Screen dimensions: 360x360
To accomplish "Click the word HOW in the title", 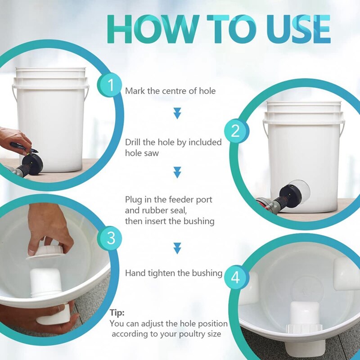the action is pyautogui.click(x=153, y=29).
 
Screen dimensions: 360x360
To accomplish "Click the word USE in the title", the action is pyautogui.click(x=298, y=29).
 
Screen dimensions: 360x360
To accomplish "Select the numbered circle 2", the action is pyautogui.click(x=236, y=131).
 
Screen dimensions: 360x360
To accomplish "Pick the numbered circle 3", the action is pyautogui.click(x=111, y=238).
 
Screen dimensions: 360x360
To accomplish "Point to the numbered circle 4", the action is pyautogui.click(x=236, y=278).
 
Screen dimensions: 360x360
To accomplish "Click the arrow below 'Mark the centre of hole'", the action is pyautogui.click(x=177, y=113).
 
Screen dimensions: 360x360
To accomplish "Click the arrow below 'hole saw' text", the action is pyautogui.click(x=177, y=172).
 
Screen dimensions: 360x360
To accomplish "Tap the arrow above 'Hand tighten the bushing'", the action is pyautogui.click(x=177, y=248).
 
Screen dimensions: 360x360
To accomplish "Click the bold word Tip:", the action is pyautogui.click(x=117, y=313).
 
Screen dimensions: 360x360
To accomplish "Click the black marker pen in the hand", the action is pyautogui.click(x=24, y=147).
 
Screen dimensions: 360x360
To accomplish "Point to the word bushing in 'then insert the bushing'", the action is pyautogui.click(x=199, y=221).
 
